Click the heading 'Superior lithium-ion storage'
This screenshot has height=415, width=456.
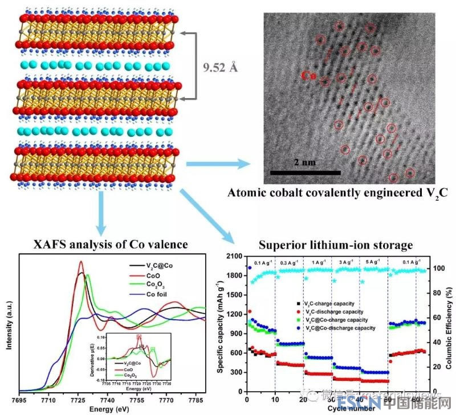pos(335,245)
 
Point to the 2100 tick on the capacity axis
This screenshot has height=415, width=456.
pos(233,257)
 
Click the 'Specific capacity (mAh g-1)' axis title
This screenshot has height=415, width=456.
pos(219,322)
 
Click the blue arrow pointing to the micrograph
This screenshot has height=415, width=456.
pos(221,165)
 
